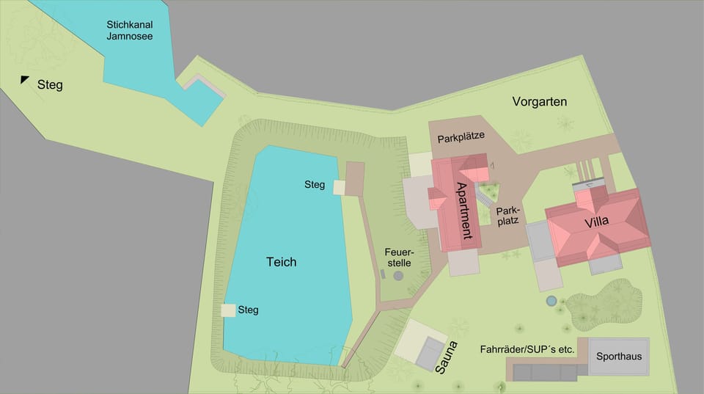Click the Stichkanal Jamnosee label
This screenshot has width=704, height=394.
click(130, 29)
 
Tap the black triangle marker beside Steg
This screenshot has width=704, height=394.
click(24, 80)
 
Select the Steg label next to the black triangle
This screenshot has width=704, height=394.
click(50, 85)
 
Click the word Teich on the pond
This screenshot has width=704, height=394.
click(281, 261)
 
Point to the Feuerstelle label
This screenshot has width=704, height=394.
click(398, 256)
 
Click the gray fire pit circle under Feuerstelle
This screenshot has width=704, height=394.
click(398, 276)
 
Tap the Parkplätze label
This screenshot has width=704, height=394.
click(461, 137)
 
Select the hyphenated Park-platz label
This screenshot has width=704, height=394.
click(507, 214)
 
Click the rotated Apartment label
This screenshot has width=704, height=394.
click(463, 211)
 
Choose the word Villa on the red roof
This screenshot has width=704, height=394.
click(596, 222)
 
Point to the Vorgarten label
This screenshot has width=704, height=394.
click(540, 102)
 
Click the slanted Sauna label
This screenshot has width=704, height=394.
click(446, 357)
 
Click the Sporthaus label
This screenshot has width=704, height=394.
click(619, 357)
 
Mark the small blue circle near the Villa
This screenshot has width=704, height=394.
click(551, 300)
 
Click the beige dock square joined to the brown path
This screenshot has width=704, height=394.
click(340, 188)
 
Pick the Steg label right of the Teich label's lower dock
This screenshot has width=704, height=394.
click(248, 310)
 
